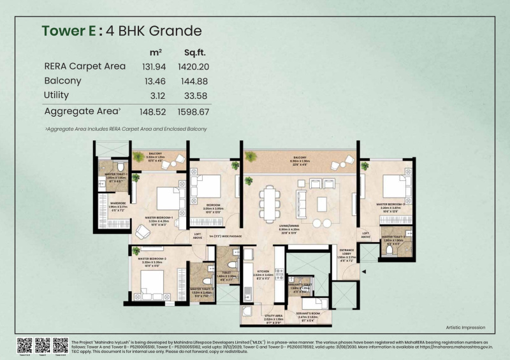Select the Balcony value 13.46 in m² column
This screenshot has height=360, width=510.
(x=153, y=81)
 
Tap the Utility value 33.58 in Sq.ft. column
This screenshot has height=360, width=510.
(x=196, y=96)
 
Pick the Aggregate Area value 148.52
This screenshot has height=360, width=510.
(x=153, y=112)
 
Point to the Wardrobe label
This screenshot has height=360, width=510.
(x=117, y=203)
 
